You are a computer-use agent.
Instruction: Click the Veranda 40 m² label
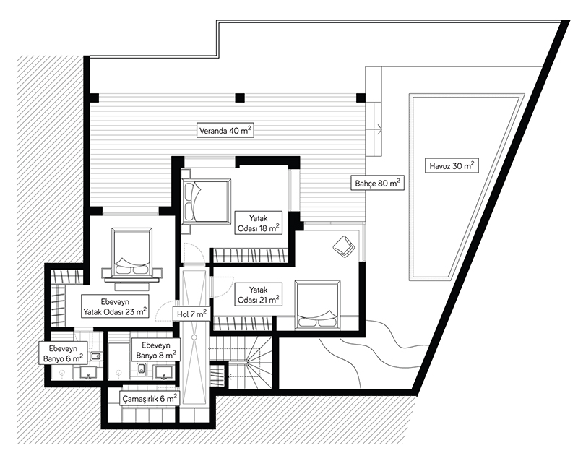[225, 130]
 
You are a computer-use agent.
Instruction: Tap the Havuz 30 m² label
[452, 166]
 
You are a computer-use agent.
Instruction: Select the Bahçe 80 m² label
[377, 183]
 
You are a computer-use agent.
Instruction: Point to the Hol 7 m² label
[191, 314]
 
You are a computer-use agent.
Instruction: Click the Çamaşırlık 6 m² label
[150, 398]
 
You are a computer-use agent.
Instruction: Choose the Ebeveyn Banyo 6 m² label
[63, 353]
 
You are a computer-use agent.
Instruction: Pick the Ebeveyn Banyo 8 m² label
[156, 350]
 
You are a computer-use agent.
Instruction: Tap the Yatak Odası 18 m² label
[258, 223]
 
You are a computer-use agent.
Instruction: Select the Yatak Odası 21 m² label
[258, 295]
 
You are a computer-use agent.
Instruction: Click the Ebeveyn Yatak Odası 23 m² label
[115, 306]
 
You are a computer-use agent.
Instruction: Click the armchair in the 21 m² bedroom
[344, 246]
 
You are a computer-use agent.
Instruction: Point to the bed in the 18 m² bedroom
[205, 201]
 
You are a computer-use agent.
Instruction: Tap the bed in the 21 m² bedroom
[317, 305]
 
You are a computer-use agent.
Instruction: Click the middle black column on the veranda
[240, 98]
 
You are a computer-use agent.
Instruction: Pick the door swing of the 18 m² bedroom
[194, 254]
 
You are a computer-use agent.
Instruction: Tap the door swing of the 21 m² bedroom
[222, 287]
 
